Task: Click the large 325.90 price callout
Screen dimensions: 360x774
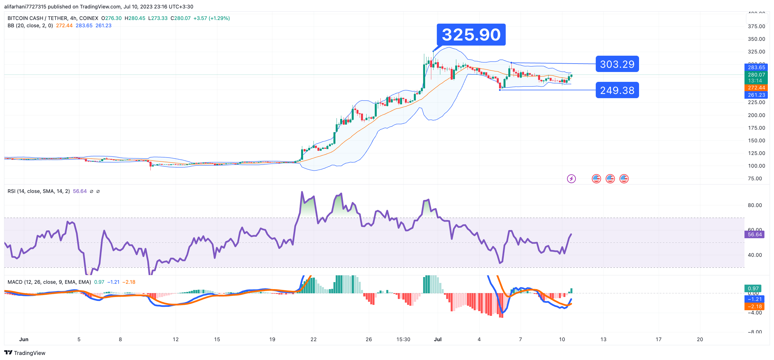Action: click(x=471, y=35)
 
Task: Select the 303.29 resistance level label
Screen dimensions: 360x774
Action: click(x=617, y=64)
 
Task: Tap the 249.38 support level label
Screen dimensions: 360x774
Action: click(x=617, y=90)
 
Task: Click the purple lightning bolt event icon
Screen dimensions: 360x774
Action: click(x=571, y=179)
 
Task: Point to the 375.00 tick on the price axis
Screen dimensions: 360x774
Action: click(x=756, y=26)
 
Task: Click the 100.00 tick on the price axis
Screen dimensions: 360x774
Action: click(x=756, y=166)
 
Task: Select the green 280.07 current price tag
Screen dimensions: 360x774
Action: click(x=756, y=75)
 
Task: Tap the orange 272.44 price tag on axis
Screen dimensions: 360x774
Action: click(x=756, y=88)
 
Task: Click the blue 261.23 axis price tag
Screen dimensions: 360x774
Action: click(x=756, y=95)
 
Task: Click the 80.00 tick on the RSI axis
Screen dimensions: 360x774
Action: click(x=755, y=205)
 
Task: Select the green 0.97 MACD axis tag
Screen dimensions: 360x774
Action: click(x=753, y=289)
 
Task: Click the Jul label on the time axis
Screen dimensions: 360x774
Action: click(x=437, y=339)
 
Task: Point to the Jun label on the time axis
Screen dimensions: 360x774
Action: click(x=24, y=339)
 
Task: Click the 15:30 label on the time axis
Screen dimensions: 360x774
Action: click(x=403, y=339)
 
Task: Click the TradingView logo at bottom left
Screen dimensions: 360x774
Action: click(x=25, y=353)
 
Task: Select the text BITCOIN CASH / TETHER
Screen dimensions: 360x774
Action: click(x=37, y=18)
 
